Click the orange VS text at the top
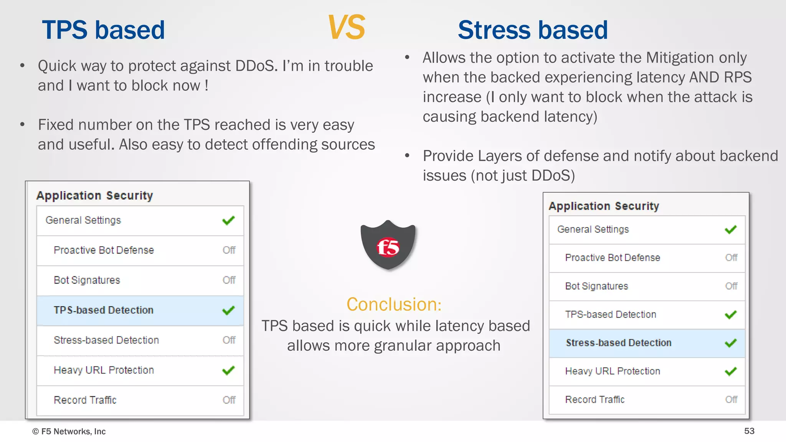pos(346,28)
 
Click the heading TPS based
pos(103,30)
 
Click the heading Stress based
pos(533,30)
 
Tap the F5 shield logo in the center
pos(388,246)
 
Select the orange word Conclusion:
pos(394,304)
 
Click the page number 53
pos(749,431)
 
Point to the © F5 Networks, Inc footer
pos(69,431)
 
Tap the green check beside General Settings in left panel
pos(228,221)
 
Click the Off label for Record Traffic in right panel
pos(731,399)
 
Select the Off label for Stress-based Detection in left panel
pos(229,340)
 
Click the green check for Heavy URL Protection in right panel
pos(731,371)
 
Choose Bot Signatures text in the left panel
pos(87,280)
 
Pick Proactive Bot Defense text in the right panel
pos(613,257)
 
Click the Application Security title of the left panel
pos(94,195)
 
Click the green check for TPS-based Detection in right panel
pos(731,315)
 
